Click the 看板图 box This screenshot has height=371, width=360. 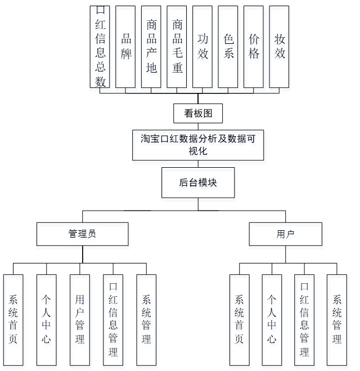coord(198,113)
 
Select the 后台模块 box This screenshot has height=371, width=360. coord(198,182)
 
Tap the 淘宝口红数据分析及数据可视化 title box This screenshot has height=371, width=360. coord(198,145)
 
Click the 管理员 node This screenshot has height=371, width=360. coord(82,234)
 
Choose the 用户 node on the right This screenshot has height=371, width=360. coord(285,234)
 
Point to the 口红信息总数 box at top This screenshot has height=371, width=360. coord(100,47)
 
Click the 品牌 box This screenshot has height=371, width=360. coord(125,47)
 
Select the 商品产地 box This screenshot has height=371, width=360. coord(151,47)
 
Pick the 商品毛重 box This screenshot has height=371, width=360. coord(177,47)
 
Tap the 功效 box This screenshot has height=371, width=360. coord(202,47)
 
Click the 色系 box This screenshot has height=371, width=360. coord(228,47)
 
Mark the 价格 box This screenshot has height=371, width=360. coord(254,47)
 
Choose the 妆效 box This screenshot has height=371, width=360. coord(280,47)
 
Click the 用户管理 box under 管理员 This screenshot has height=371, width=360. coord(80,319)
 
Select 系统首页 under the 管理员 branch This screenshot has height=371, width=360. coord(13,319)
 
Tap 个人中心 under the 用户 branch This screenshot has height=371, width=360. coord(272,319)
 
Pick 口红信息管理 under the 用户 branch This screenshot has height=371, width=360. coord(304,319)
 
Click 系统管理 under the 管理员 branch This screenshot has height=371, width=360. coord(146,319)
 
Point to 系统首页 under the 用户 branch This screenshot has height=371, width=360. coord(239,319)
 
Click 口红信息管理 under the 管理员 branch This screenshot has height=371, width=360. coord(113,319)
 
